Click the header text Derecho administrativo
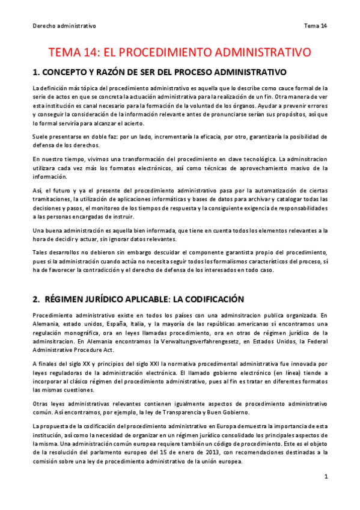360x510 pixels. click(64, 26)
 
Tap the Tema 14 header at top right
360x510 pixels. click(316, 26)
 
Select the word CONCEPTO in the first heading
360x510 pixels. click(66, 73)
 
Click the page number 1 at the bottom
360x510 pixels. click(326, 477)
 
